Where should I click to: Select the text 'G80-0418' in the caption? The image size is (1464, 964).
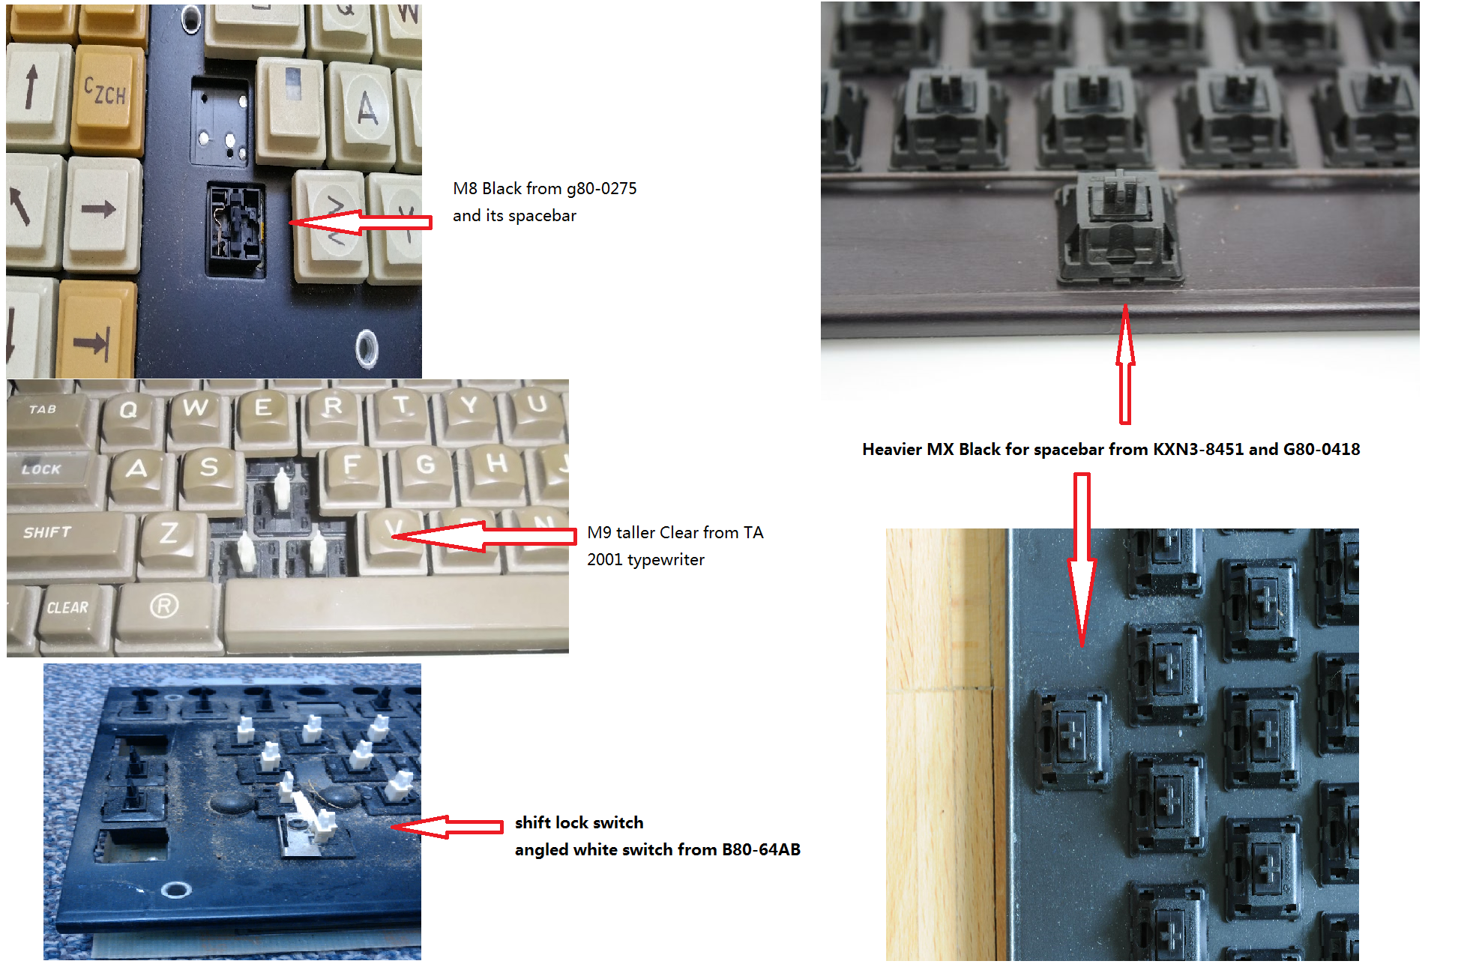click(x=1322, y=449)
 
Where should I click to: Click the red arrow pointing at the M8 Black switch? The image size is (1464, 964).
click(x=361, y=223)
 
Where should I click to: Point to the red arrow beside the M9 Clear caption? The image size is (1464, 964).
click(x=484, y=535)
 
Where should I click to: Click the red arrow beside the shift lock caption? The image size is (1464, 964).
click(x=448, y=827)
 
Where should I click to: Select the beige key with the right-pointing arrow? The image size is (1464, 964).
click(x=103, y=213)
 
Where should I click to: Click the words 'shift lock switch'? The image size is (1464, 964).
click(x=579, y=822)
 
